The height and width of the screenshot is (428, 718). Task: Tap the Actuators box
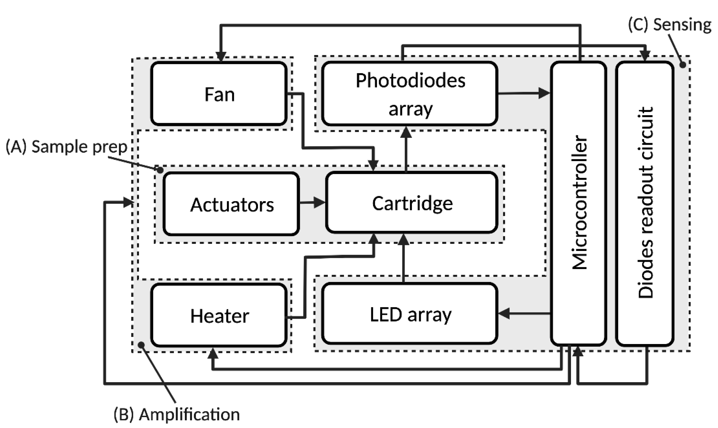click(x=231, y=204)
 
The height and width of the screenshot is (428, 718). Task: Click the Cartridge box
click(x=412, y=203)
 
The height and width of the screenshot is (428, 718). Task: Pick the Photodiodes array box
click(x=410, y=94)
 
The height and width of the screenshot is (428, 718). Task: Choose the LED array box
click(x=410, y=314)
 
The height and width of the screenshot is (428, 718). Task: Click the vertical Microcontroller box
click(x=579, y=203)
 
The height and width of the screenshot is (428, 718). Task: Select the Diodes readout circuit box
click(x=645, y=203)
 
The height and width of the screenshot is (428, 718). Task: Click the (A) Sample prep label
click(x=66, y=146)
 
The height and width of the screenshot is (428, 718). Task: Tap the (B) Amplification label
click(x=177, y=415)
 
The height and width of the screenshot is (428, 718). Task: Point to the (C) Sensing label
click(x=670, y=25)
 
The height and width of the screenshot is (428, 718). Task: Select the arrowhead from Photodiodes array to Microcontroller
click(x=544, y=93)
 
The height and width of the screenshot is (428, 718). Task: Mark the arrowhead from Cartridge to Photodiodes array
click(x=406, y=132)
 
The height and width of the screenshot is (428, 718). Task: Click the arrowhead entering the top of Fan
click(x=221, y=56)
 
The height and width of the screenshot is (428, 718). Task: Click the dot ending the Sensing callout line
click(x=683, y=65)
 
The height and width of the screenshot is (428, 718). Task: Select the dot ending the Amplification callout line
click(x=141, y=345)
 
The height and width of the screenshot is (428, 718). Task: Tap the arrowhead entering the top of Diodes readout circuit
click(x=645, y=55)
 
